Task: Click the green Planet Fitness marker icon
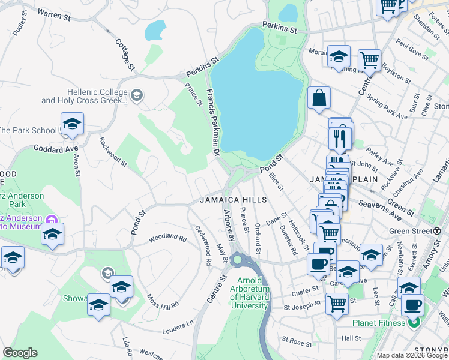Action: coord(414,323)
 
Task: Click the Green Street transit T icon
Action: coord(437,231)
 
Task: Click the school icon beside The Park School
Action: coord(72,124)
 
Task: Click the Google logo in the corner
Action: coord(20,353)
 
